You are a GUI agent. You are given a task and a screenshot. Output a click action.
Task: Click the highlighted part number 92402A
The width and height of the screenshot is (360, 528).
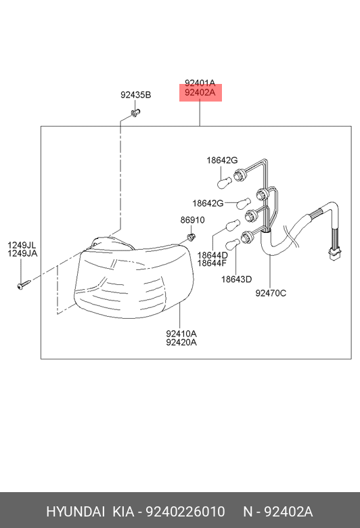[200, 92]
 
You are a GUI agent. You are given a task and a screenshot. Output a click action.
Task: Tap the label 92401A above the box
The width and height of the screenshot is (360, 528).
[200, 83]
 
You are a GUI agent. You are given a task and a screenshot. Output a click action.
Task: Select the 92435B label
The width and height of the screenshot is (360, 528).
[136, 95]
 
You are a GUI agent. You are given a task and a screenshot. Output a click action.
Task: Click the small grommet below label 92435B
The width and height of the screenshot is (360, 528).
[135, 113]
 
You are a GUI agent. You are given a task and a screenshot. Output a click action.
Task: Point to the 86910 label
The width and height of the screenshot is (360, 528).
[192, 220]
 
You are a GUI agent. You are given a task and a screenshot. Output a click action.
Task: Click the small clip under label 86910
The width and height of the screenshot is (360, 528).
[192, 237]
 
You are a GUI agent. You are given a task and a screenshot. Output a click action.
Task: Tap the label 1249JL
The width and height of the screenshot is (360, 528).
[22, 245]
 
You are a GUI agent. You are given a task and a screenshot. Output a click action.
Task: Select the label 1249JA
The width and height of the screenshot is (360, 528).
[22, 254]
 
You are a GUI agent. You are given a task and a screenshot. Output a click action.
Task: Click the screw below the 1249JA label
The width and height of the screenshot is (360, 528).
[24, 284]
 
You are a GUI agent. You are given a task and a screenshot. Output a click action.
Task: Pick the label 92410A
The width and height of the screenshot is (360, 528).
[181, 334]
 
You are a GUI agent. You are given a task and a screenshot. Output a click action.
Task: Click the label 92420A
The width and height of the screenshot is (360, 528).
[181, 343]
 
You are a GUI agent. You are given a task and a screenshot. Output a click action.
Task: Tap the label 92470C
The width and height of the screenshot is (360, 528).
[271, 293]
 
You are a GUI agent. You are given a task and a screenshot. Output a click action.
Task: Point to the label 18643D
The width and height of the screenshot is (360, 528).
[236, 279]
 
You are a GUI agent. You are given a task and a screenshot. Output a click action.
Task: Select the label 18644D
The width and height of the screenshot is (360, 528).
[212, 255]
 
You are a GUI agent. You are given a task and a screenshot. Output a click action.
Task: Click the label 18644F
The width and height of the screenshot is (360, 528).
[212, 263]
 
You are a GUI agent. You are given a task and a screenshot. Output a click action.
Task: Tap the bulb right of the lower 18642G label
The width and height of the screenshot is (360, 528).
[243, 203]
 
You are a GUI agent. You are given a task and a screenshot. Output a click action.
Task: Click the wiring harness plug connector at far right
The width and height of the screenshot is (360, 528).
[334, 255]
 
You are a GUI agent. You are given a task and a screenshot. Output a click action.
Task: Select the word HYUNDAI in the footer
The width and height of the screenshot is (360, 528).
[75, 512]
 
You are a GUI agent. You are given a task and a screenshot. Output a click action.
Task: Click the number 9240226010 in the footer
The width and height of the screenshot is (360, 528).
[185, 512]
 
